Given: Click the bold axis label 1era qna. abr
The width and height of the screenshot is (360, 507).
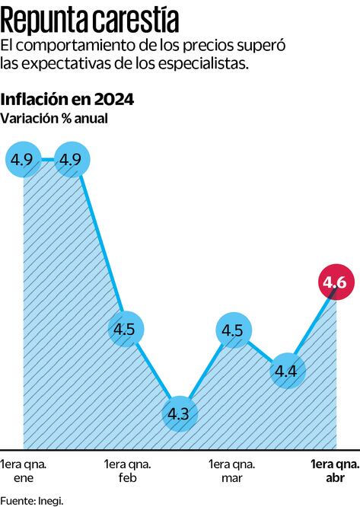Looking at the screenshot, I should tap(334, 470).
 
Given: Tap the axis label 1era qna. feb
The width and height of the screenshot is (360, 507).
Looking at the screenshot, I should tap(127, 470).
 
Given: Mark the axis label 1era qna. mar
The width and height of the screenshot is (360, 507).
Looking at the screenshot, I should tap(231, 470).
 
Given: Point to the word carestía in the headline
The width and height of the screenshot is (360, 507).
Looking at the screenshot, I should tap(133, 17).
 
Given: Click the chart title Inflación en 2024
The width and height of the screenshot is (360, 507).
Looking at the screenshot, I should tap(68, 99).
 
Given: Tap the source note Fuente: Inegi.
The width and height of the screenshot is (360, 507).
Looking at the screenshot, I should tap(32, 500).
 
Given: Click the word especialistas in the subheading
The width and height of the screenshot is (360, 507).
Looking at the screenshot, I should tap(209, 64).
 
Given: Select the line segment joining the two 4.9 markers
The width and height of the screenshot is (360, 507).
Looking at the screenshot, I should tap(47, 160).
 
